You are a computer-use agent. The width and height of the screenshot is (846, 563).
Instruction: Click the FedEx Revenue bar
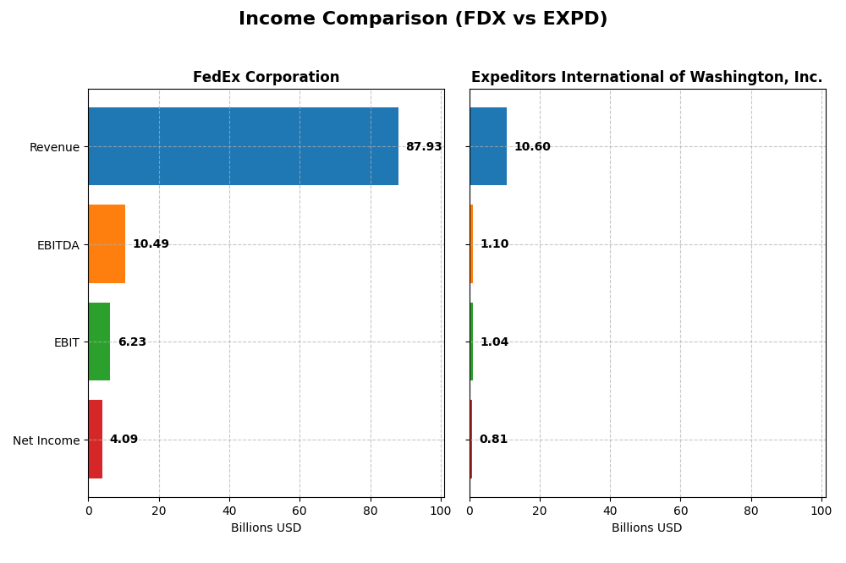tap(243, 146)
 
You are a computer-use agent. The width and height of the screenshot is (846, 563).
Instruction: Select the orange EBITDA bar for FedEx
tap(107, 243)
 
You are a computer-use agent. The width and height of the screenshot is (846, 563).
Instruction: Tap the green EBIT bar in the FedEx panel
tap(99, 342)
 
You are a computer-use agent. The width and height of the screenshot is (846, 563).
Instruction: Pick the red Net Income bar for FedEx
tap(96, 440)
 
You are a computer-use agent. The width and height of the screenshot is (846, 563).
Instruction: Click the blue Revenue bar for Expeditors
tap(488, 146)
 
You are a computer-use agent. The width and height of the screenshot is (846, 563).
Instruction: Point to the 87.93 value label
tap(423, 147)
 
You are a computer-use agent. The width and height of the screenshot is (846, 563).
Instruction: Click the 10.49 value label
tap(151, 244)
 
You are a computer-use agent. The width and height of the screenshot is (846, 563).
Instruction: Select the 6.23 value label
tap(132, 342)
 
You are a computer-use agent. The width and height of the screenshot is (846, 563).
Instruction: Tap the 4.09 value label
tap(124, 440)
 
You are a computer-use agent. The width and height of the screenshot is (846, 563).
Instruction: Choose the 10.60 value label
tap(532, 147)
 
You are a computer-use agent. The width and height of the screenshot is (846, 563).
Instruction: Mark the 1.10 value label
tap(494, 244)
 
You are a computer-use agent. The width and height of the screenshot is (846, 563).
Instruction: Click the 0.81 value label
tap(493, 440)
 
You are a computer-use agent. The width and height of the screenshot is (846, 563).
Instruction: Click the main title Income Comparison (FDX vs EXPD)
tap(423, 19)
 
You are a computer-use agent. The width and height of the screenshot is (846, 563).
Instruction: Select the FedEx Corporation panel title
tap(266, 78)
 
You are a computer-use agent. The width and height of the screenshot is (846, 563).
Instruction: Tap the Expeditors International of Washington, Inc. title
tap(646, 78)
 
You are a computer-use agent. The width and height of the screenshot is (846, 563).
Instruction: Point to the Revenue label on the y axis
tap(54, 148)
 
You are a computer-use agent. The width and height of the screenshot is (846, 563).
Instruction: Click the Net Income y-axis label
tap(46, 440)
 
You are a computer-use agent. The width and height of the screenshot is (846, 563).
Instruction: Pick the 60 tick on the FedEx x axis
tap(299, 511)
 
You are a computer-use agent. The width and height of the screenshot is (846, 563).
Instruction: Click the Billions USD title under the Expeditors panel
tap(646, 528)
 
